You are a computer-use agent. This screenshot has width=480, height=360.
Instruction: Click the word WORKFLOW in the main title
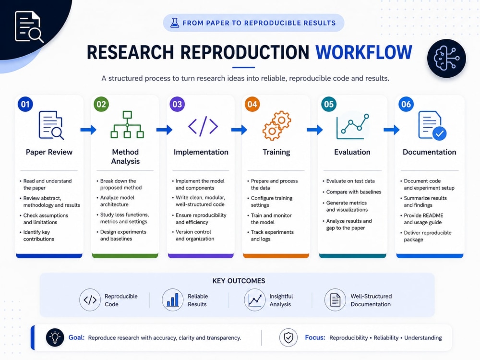coord(364,52)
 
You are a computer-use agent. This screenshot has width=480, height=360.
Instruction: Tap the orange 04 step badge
coord(252,104)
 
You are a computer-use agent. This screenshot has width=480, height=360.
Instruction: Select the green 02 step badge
coord(101,104)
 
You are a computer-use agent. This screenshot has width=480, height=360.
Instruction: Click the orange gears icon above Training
coord(277,125)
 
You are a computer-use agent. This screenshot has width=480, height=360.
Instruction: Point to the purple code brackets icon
coord(203,126)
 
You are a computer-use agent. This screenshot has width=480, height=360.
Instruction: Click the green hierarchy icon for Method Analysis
coord(127,125)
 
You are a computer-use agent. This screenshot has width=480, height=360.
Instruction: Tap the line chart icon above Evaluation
coord(353,127)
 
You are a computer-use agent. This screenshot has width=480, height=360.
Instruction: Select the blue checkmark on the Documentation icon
coord(439,134)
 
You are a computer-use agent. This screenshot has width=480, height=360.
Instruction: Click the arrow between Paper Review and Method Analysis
coord(88,130)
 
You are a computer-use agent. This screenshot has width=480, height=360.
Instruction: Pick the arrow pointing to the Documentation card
coord(392,130)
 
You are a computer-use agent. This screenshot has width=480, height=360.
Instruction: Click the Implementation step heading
coord(201,152)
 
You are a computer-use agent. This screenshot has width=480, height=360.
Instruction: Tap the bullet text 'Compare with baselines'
coord(354,192)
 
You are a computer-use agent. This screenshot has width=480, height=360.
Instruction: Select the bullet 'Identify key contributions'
coord(38,235)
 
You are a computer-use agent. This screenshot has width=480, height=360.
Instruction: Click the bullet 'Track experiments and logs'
coord(272,235)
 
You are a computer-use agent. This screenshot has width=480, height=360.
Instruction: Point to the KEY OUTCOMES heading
coord(239,281)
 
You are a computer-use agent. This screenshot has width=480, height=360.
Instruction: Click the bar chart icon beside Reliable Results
coord(173,300)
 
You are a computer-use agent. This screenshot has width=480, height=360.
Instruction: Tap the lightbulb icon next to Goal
coord(55,337)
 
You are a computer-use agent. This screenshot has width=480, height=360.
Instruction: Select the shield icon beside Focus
coord(288,337)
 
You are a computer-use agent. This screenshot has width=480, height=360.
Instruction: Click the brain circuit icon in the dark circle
coord(446,58)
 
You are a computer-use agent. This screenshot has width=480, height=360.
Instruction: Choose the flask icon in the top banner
coord(175,23)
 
